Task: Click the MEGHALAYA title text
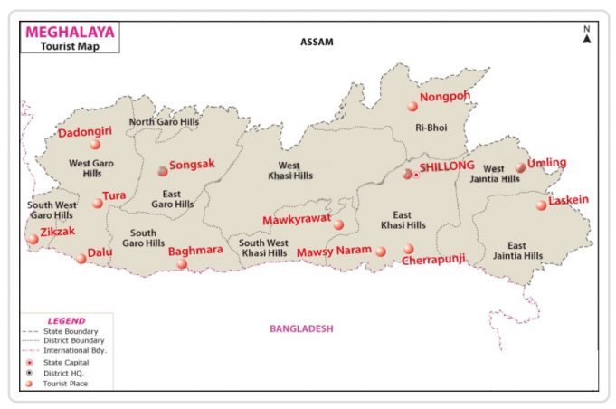70,32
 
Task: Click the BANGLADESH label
302,328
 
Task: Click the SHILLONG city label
447,166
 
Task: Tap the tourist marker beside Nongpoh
412,106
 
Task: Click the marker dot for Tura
98,203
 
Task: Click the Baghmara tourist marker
182,263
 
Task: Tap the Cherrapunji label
434,258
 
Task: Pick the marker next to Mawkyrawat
338,224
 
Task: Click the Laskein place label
569,199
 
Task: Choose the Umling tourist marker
520,167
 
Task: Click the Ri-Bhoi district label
431,128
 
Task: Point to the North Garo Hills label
164,122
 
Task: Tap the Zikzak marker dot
33,239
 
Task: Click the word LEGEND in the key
66,320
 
